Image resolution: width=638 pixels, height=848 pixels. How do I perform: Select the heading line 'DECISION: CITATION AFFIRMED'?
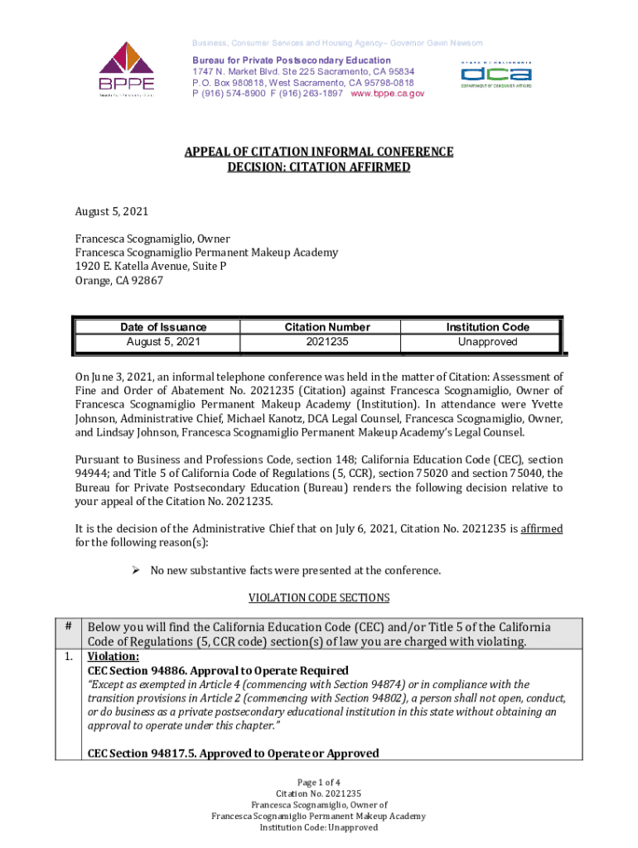click(x=319, y=167)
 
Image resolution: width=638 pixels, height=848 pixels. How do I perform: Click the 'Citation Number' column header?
click(x=327, y=327)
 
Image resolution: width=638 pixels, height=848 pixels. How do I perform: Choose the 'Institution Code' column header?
click(x=487, y=327)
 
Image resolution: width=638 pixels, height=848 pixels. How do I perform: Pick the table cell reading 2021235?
click(x=327, y=342)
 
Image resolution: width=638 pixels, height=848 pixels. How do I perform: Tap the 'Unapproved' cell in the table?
click(x=487, y=342)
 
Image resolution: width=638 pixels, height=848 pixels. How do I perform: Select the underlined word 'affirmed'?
click(x=542, y=529)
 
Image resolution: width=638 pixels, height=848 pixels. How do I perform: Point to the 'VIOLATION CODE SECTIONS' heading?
click(x=319, y=598)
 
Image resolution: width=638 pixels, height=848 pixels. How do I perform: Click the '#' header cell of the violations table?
click(x=67, y=627)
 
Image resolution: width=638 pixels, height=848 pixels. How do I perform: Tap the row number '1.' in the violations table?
click(x=67, y=657)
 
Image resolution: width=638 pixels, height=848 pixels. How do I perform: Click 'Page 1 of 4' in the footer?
click(x=319, y=783)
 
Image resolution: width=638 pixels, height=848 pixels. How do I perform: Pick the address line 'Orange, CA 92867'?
click(x=119, y=281)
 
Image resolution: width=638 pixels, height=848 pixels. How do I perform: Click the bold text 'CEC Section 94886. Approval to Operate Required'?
click(x=218, y=671)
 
